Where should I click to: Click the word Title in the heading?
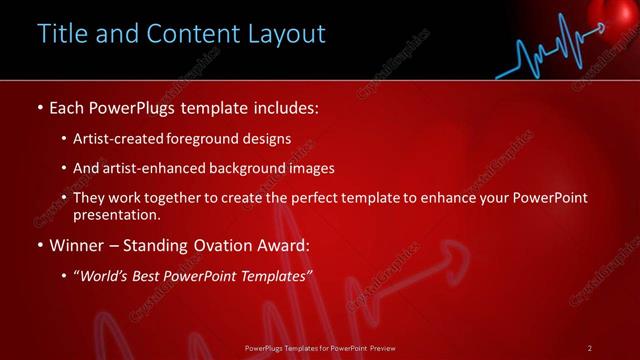coord(62,34)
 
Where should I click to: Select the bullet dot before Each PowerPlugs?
coord(40,106)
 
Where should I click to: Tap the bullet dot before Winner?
coord(40,245)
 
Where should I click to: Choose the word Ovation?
coord(223,245)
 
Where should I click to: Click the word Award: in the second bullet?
coord(286,245)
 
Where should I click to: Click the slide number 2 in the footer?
coord(590,348)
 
